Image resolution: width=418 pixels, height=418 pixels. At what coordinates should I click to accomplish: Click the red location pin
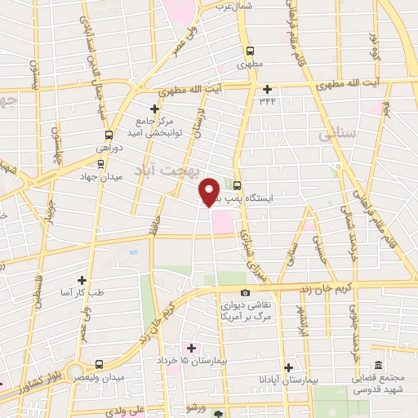[x=210, y=190]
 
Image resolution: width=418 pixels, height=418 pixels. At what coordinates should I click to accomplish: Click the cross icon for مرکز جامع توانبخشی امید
[x=153, y=108]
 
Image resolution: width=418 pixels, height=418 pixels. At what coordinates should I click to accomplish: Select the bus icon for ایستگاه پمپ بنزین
[x=237, y=185]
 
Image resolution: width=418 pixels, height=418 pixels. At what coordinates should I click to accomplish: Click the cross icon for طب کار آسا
[x=81, y=279]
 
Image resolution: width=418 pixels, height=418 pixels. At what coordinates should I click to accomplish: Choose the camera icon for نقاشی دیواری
[x=245, y=292]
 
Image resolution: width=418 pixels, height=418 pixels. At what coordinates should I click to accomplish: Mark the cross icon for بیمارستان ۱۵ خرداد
[x=191, y=349]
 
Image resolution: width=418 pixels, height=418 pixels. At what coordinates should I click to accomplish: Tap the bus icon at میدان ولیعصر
[x=99, y=364]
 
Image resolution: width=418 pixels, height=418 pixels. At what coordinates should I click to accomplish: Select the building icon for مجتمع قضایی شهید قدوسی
[x=377, y=366]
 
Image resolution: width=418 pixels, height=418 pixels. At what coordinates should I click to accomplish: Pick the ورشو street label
[x=194, y=407]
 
